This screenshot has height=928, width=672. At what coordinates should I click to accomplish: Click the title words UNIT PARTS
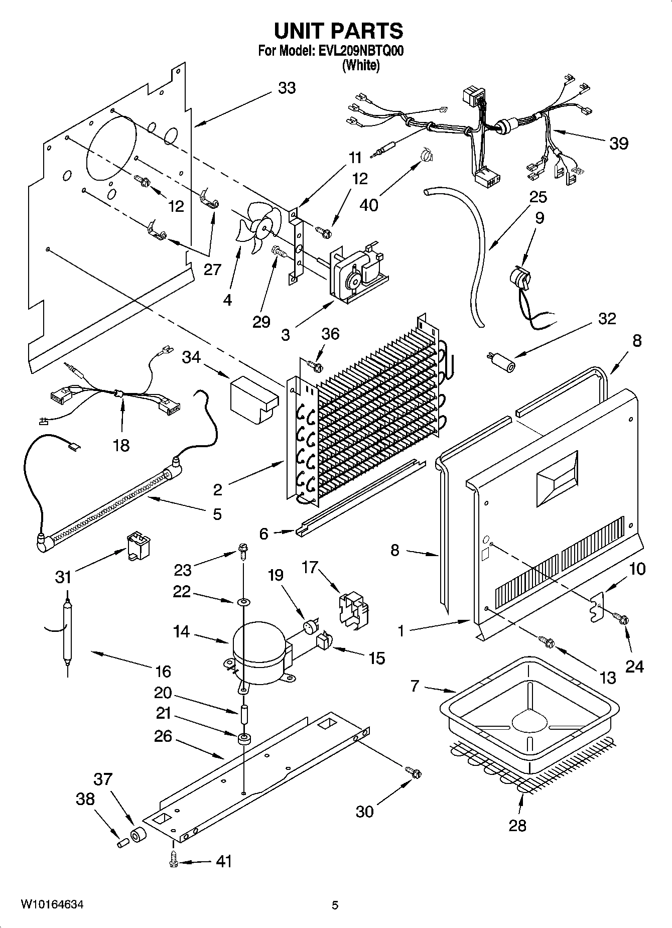point(338,31)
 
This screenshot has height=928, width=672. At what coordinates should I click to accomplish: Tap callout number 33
point(287,88)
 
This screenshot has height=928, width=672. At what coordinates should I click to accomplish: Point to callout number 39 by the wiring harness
point(618,144)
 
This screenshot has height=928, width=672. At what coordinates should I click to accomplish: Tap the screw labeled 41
point(173,861)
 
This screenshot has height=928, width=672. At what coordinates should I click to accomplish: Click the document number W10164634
point(52,905)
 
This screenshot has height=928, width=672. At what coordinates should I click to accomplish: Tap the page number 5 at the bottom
point(335,905)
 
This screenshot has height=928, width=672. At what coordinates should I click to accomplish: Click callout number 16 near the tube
point(163,672)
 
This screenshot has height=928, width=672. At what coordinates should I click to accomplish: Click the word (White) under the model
point(360,65)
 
